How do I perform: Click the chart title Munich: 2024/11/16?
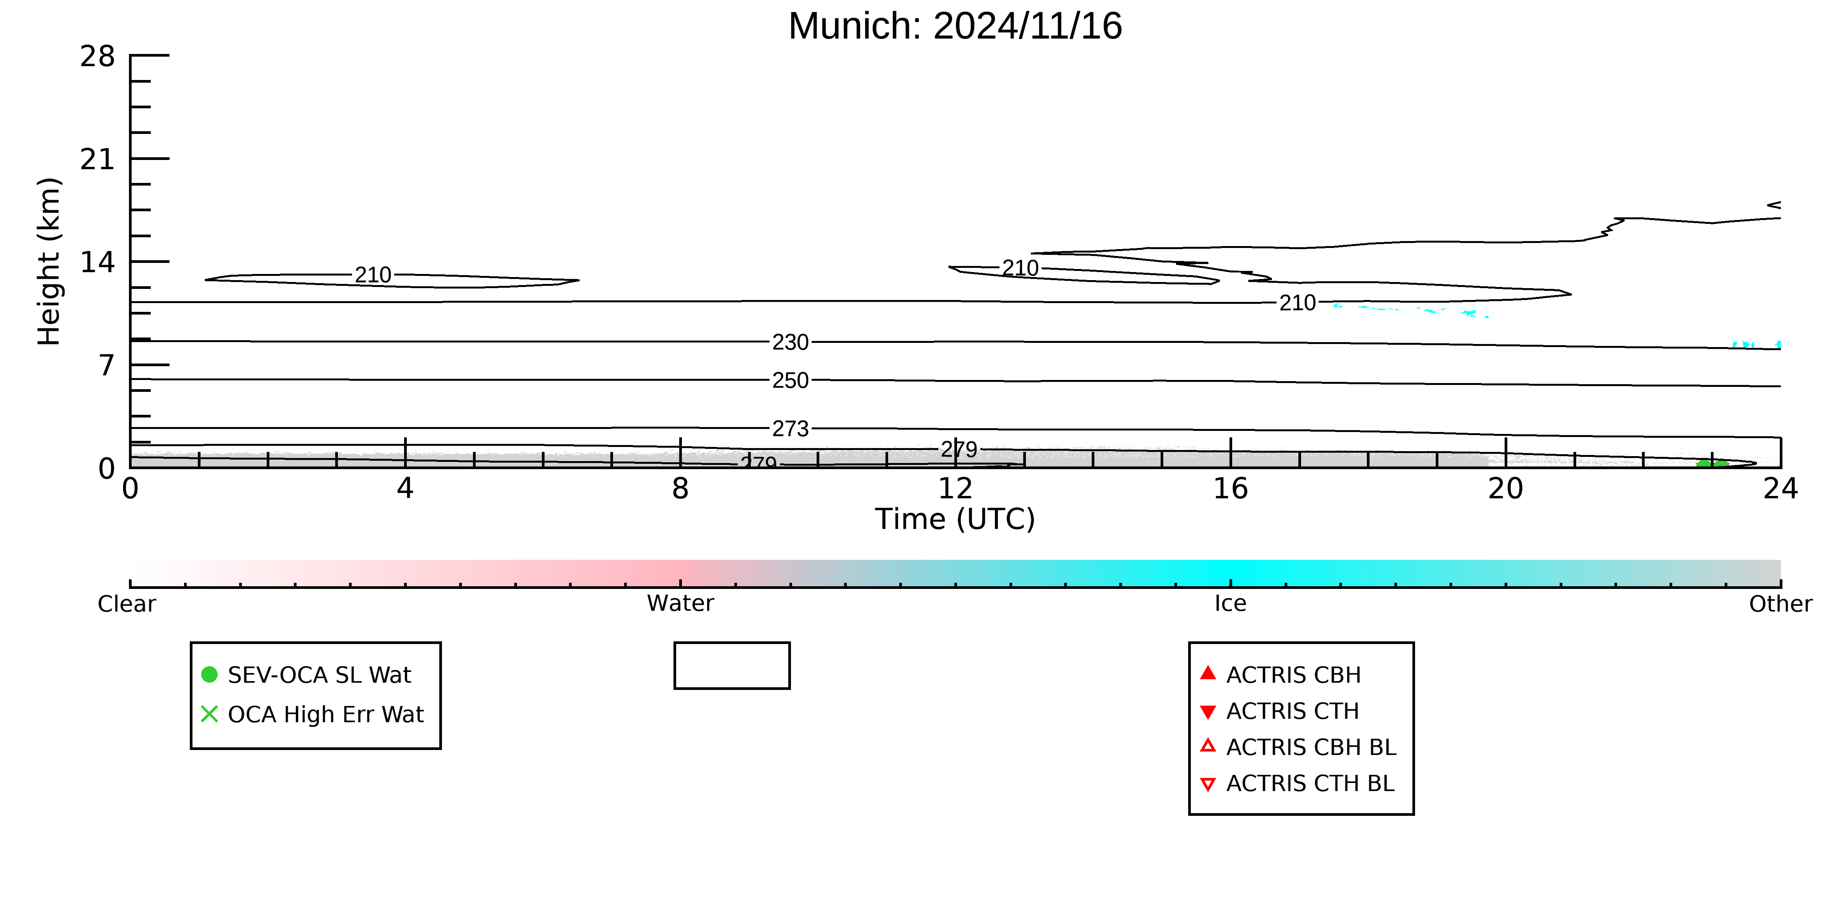point(955,26)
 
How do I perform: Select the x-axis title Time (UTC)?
point(955,519)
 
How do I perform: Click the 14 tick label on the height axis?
point(98,262)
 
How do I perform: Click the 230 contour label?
point(791,342)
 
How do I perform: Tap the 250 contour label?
point(791,381)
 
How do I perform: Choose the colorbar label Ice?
point(1230,604)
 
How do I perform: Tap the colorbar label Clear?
point(127,604)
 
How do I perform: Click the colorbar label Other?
point(1781,604)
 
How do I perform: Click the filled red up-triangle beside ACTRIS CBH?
point(1207,673)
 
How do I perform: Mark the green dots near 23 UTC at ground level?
point(1712,465)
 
